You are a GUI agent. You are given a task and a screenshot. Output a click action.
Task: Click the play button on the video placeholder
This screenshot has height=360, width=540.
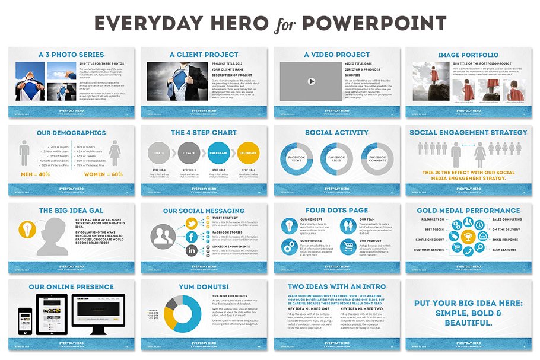[312, 81]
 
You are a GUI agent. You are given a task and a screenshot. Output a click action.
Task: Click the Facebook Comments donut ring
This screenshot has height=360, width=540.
[377, 158]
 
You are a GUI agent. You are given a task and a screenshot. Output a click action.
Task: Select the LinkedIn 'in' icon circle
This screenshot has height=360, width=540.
[192, 251]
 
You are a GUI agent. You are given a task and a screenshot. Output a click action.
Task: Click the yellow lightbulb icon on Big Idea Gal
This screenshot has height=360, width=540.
[27, 230]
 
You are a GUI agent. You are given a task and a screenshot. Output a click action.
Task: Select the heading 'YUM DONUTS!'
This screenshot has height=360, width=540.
[204, 286]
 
